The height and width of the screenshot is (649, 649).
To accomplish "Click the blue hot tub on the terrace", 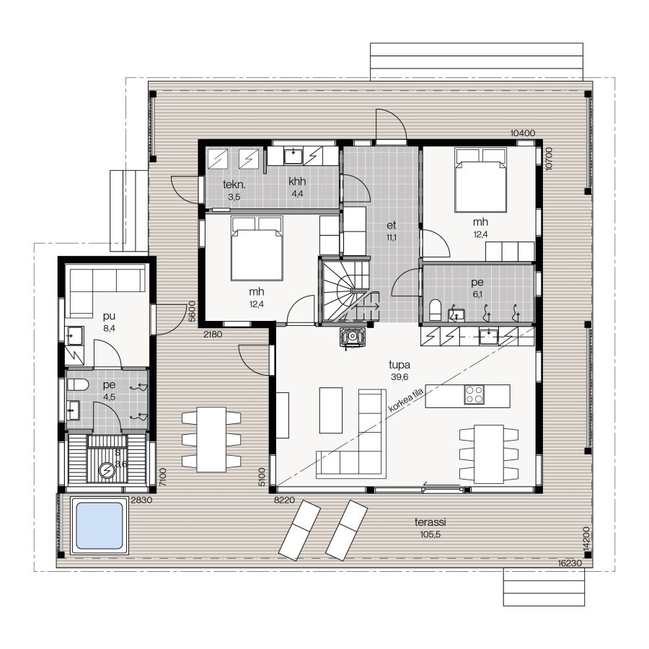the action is click(x=100, y=526).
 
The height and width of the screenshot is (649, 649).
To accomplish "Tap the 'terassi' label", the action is click(x=431, y=522).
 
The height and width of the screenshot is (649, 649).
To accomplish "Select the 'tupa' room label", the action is click(x=399, y=366).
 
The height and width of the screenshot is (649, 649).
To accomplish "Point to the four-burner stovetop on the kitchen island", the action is click(x=474, y=394).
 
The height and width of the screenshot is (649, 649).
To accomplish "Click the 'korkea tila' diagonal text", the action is click(x=406, y=400).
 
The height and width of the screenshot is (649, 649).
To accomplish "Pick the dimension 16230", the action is click(x=570, y=563).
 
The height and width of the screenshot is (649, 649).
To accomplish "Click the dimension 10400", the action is click(x=523, y=133).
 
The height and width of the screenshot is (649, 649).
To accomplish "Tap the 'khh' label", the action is click(x=297, y=181).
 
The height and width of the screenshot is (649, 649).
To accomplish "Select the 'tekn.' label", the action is click(x=234, y=184).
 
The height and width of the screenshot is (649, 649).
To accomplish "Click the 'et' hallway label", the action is click(x=391, y=225).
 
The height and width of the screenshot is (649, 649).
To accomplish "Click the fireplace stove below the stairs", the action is click(x=353, y=337).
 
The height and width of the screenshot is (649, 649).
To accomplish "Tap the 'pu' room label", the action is click(x=109, y=317).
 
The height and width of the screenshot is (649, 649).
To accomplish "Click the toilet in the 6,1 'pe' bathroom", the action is click(x=436, y=310).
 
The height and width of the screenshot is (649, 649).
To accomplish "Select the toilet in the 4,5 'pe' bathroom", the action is click(x=78, y=385).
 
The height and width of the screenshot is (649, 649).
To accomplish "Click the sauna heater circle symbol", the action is click(x=107, y=471).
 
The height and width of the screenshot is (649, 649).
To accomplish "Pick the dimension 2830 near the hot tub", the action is click(x=141, y=500).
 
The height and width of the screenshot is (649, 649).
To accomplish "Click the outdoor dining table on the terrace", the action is click(x=211, y=440).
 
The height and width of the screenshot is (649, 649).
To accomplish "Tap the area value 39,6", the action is click(x=399, y=377).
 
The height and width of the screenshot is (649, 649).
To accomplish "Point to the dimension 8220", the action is click(x=284, y=500).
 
